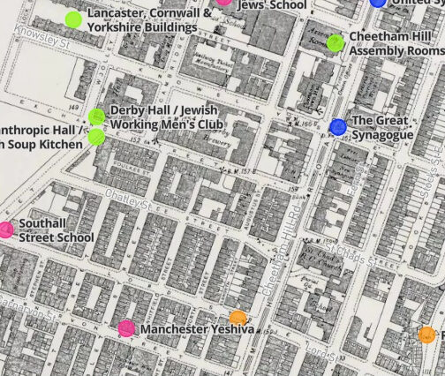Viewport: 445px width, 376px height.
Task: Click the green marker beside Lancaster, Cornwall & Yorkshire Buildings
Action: (73, 19)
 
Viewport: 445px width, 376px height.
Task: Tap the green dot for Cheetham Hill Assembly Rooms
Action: (335, 42)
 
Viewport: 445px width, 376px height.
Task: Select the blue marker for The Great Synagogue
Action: (337, 126)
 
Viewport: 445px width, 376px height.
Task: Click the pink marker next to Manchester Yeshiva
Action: (127, 328)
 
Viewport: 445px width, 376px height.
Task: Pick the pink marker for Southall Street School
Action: (6, 229)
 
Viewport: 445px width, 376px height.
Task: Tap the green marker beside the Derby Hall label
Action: (97, 117)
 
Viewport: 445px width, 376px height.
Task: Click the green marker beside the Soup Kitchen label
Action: (96, 136)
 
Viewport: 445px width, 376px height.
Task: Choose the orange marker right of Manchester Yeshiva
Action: (238, 318)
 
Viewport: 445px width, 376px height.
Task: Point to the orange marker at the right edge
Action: (426, 334)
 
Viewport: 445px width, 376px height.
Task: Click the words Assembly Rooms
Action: (396, 50)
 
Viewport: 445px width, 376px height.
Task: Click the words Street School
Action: (57, 237)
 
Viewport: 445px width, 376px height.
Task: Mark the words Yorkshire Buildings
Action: (142, 27)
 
